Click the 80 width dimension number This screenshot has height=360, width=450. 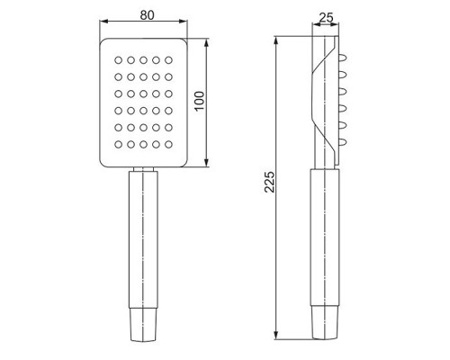click(147, 15)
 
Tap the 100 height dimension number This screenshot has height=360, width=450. click(200, 101)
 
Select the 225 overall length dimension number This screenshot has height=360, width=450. click(269, 182)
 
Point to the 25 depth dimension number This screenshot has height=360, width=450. click(326, 18)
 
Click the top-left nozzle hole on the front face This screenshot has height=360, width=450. click(118, 60)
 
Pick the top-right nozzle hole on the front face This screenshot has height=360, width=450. click(168, 60)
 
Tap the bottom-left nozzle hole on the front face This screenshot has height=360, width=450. click(118, 145)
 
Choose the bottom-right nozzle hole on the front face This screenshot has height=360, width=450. click(168, 145)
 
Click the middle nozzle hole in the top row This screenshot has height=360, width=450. click(143, 60)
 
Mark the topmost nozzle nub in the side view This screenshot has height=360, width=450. click(343, 58)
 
